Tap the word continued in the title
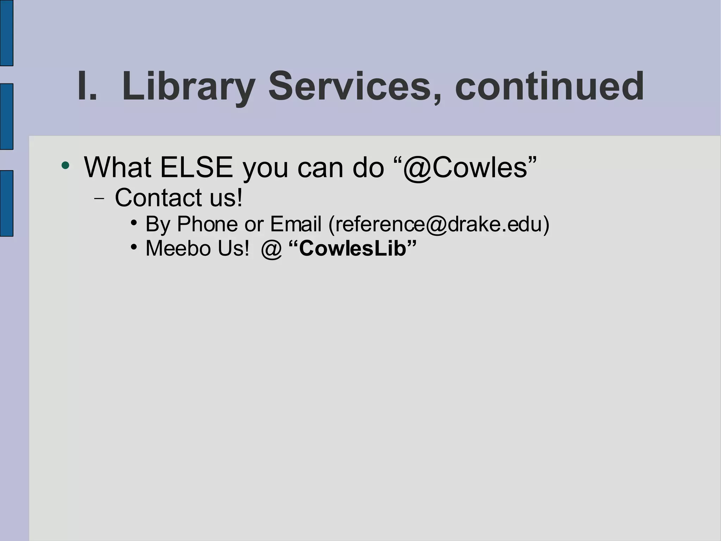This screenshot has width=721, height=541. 549,86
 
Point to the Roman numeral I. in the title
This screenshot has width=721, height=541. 87,86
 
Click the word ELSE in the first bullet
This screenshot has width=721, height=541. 196,167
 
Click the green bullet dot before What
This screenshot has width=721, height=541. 65,165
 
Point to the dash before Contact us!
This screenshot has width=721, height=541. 99,198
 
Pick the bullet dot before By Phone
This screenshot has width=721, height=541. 133,223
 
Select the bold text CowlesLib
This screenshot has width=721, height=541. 352,248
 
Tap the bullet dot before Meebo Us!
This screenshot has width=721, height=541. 133,247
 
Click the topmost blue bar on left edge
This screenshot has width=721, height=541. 6,33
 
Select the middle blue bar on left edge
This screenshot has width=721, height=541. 6,116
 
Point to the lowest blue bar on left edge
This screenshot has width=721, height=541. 6,203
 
